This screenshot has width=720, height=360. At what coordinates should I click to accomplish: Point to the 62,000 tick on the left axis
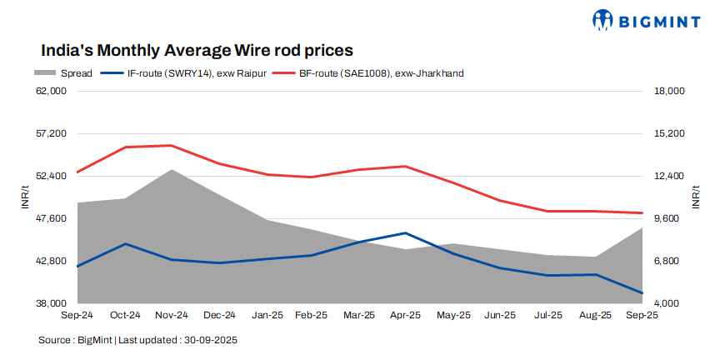[x=52, y=91]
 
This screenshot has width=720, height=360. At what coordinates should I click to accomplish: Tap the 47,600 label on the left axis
[x=52, y=218]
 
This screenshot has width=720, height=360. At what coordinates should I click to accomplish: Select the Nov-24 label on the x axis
[x=171, y=316]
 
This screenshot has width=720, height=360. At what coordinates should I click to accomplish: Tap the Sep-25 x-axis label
[x=641, y=316]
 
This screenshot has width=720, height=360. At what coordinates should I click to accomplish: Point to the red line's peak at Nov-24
[x=171, y=146]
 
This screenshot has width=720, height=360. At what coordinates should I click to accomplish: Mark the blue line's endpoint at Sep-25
[x=641, y=293]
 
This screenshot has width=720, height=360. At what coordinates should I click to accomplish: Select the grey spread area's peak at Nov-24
[x=171, y=170]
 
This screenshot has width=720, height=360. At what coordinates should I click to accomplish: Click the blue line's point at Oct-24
[x=124, y=244]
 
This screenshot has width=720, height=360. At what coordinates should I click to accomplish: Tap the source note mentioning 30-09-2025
[x=138, y=340]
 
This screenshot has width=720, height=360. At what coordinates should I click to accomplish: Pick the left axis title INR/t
[x=26, y=197]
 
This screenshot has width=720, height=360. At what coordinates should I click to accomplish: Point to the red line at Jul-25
[x=547, y=212]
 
